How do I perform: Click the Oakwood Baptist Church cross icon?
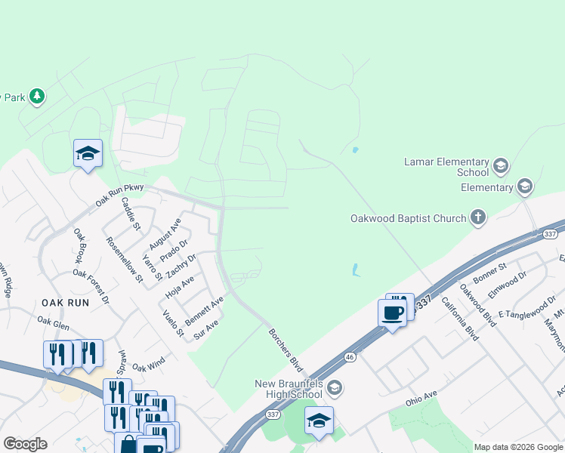[x=477, y=219]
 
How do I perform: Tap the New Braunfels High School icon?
[x=335, y=389]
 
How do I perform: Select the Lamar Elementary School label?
[x=447, y=167]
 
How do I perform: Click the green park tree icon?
[x=36, y=97]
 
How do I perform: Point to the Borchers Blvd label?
[x=285, y=350]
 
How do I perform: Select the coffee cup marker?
[x=392, y=313]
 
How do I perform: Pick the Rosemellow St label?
[x=125, y=259]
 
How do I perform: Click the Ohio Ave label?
[x=421, y=397]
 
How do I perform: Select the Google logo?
[x=25, y=444]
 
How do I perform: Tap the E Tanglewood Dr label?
[x=526, y=313]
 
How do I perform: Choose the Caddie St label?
[x=131, y=214]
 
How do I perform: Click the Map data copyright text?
[x=519, y=447]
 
